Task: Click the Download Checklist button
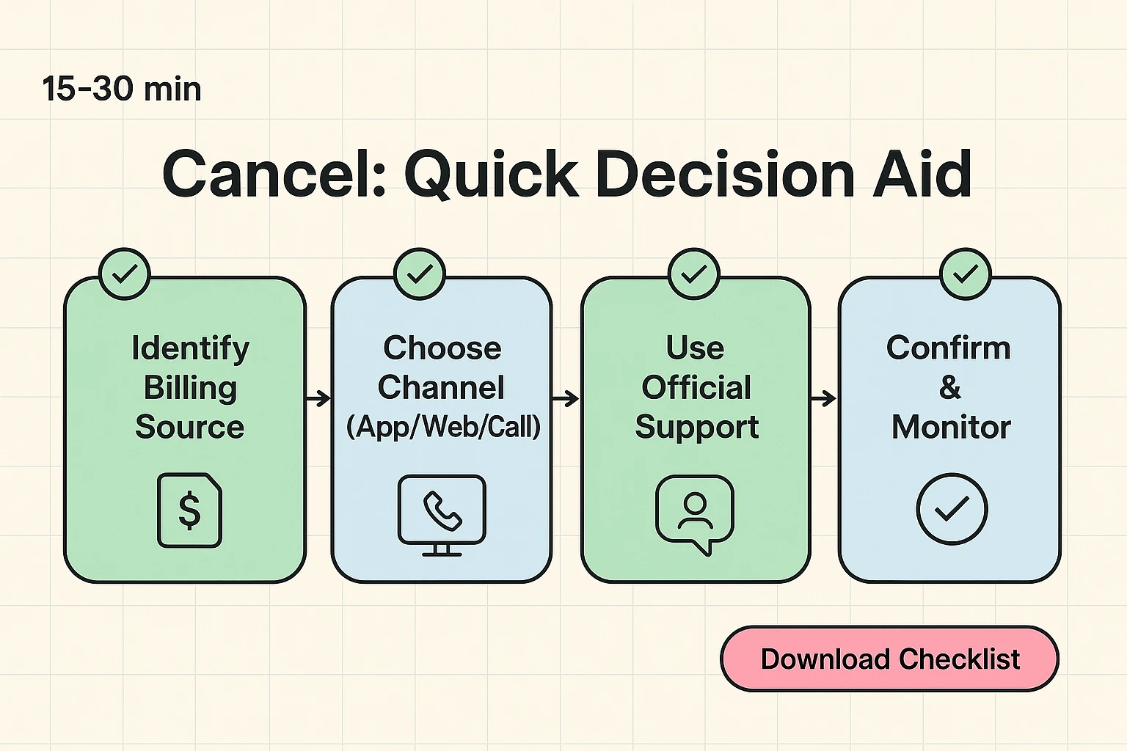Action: [889, 659]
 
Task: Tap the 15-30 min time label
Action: [122, 89]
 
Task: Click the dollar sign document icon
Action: [190, 510]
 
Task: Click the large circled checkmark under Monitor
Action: [952, 508]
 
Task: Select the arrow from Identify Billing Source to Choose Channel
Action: [318, 398]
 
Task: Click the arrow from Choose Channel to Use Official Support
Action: [566, 398]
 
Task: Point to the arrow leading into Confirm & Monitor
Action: [824, 398]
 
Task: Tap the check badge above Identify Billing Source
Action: [125, 274]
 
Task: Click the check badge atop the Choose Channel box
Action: [420, 274]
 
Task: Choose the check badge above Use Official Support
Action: [694, 274]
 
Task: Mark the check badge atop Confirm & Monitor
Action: [966, 274]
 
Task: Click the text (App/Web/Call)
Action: [443, 427]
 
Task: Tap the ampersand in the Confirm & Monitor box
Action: [949, 387]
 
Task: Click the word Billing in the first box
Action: [190, 387]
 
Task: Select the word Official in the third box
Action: [696, 387]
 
